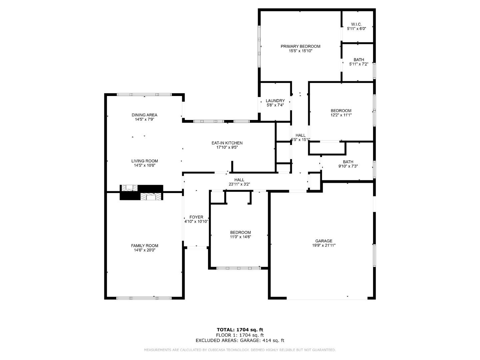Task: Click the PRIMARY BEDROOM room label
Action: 300,46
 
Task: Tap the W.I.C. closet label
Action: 356,24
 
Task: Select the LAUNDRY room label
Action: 275,101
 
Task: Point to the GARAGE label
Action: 324,241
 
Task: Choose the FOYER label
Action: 196,217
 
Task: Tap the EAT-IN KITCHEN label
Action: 227,143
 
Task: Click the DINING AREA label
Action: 144,115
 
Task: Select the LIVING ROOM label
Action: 144,161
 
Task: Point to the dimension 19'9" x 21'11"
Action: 324,245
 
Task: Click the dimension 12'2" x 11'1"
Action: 341,115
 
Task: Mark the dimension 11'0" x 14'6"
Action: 240,237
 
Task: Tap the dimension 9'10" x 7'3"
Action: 348,166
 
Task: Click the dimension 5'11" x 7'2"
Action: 358,64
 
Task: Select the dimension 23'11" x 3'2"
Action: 239,184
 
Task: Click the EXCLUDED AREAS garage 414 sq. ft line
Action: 240,340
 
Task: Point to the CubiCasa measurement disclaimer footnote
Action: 240,350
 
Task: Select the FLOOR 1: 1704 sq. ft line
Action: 240,335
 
